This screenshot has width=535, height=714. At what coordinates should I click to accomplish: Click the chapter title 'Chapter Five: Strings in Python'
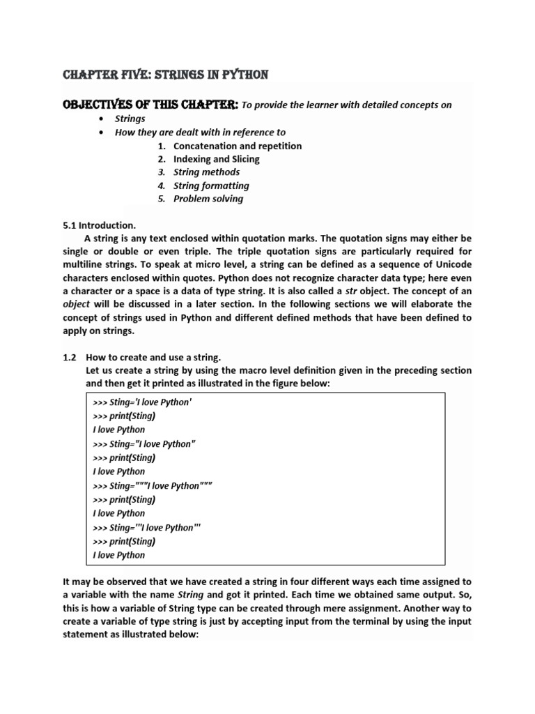(166, 75)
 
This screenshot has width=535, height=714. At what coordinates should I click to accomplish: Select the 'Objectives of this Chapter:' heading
(150, 105)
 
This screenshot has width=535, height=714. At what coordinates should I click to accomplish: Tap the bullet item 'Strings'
(130, 119)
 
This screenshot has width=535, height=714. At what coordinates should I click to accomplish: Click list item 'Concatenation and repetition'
(238, 146)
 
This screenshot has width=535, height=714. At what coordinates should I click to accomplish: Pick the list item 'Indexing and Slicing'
(216, 159)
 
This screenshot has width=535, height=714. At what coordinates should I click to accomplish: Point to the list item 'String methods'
(206, 172)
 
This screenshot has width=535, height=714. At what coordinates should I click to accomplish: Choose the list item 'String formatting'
(211, 185)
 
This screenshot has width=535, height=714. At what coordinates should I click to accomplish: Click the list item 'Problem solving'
(208, 199)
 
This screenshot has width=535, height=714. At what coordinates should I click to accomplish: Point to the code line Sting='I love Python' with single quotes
(141, 402)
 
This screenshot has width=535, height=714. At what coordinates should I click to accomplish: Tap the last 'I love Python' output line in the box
(119, 555)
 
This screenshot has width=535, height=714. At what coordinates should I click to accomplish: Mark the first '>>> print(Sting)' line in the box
(124, 416)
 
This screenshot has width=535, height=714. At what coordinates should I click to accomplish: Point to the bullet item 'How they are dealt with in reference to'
(200, 132)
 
